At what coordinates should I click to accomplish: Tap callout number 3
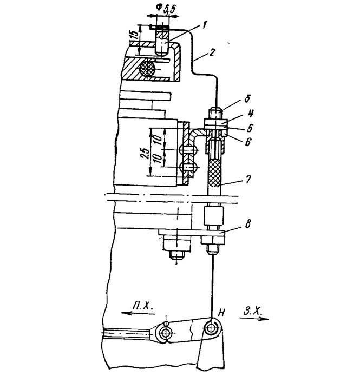[x=247, y=99]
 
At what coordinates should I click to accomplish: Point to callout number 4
[x=251, y=113]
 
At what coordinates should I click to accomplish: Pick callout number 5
[x=250, y=128]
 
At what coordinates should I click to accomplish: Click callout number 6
[x=247, y=142]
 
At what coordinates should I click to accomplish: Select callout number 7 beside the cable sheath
[x=248, y=180]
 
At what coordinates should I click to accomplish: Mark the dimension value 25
[x=144, y=153]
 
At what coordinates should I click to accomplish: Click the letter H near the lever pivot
[x=222, y=312]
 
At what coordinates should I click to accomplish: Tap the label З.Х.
[x=253, y=311]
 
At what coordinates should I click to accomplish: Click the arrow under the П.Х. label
[x=138, y=313]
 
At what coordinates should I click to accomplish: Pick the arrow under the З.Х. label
[x=254, y=318]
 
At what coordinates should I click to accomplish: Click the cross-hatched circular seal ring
[x=147, y=68]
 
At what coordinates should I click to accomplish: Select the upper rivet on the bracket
[x=188, y=150]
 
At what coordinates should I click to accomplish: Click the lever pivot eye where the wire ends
[x=212, y=327]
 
